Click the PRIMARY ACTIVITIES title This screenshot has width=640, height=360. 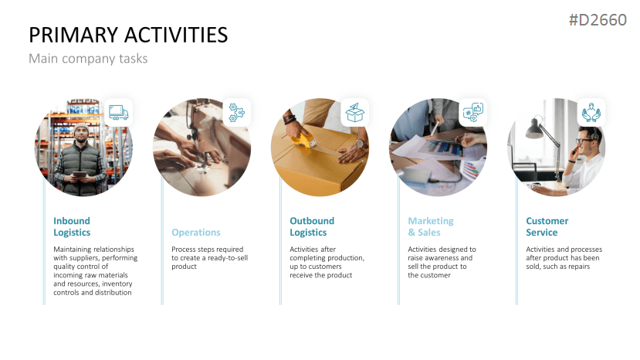[128, 35]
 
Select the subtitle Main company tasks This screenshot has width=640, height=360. [88, 59]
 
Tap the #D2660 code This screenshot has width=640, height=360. [598, 19]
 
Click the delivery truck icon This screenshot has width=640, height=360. [118, 112]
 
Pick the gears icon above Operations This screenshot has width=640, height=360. [237, 112]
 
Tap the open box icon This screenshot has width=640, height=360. [354, 112]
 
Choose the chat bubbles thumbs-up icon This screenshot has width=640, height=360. [473, 112]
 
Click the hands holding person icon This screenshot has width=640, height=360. [591, 112]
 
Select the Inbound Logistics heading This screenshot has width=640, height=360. [72, 227]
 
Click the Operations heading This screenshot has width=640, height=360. [196, 233]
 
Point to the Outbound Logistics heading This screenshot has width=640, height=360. [312, 227]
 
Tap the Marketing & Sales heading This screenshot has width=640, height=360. [431, 227]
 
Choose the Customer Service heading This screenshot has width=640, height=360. [547, 227]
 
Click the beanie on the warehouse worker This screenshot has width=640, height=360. [82, 128]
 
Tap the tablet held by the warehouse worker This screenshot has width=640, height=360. [80, 175]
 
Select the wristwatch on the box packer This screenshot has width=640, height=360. [360, 144]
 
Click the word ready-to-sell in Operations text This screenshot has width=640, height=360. [228, 258]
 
